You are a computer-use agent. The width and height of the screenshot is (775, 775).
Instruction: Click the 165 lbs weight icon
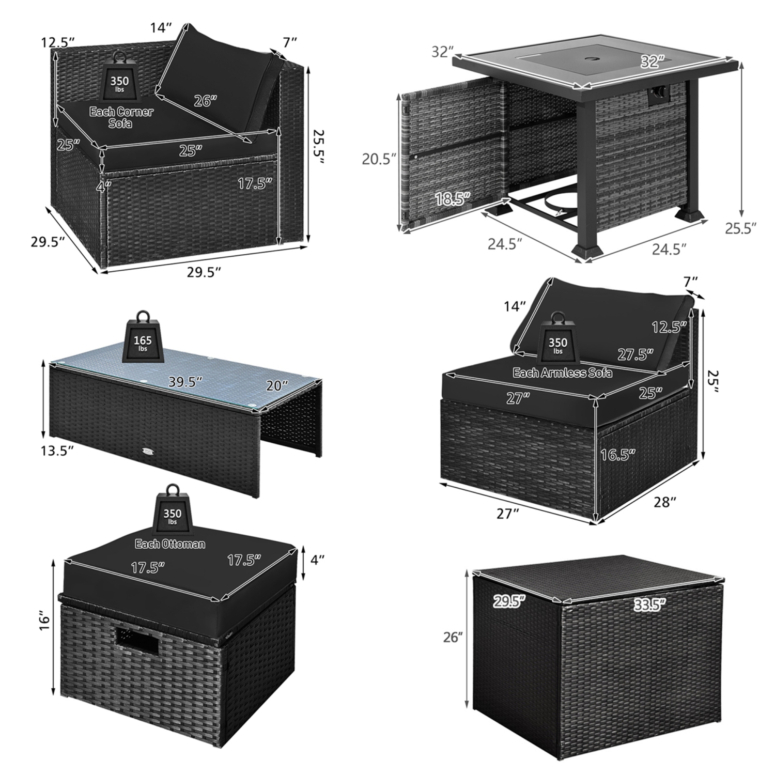142,338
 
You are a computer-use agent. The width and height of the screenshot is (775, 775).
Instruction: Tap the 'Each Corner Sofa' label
121,117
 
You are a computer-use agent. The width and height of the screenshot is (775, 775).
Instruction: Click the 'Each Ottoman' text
170,544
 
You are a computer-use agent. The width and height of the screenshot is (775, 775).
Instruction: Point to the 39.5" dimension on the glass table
185,382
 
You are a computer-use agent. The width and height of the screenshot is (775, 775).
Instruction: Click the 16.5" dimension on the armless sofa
617,455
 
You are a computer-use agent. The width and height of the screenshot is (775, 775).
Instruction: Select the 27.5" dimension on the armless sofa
635,354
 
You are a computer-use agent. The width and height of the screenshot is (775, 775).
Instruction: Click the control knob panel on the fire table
660,94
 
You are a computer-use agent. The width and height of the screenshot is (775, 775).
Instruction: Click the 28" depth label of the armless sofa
664,502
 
